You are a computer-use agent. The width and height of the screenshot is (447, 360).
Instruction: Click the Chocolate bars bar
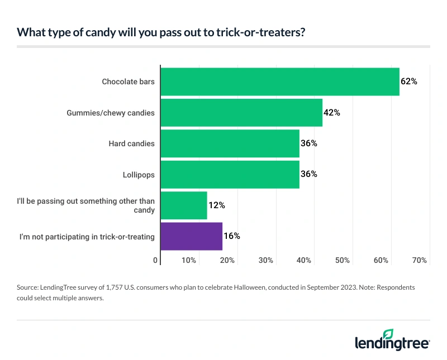click(279, 81)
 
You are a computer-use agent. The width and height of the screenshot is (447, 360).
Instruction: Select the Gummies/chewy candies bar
click(241, 112)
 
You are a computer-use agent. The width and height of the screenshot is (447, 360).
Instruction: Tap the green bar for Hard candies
click(230, 143)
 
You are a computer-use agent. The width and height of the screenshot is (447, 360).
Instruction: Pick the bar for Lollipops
click(230, 174)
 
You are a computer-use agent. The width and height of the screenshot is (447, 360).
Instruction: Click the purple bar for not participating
click(191, 236)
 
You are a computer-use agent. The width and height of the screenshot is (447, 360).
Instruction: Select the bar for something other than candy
click(183, 205)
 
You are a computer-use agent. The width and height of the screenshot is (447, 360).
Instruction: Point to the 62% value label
click(409, 81)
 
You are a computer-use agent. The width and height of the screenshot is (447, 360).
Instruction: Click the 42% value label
click(331, 112)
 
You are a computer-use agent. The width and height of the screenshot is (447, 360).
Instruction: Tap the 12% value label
click(216, 205)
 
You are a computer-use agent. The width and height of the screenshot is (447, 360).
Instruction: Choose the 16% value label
click(231, 236)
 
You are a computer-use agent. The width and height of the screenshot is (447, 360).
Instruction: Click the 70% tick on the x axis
click(420, 260)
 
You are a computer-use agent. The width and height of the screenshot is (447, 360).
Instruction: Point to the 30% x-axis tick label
click(266, 260)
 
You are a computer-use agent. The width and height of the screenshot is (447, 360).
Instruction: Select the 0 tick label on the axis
click(155, 260)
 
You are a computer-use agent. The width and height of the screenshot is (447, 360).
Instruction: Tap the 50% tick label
click(343, 260)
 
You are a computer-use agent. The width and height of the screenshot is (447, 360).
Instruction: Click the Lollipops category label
click(139, 175)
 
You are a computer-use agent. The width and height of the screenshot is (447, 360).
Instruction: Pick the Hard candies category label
click(131, 143)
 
